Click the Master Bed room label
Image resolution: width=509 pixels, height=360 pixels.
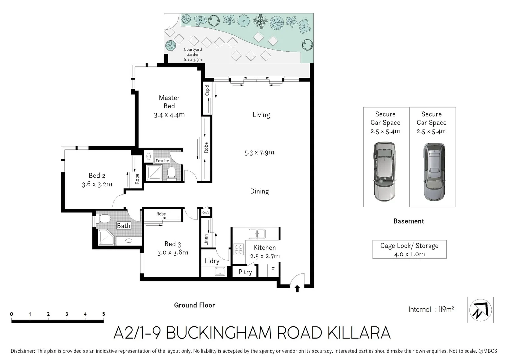(x=169, y=102)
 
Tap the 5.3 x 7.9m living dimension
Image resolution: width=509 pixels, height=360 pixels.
(x=259, y=153)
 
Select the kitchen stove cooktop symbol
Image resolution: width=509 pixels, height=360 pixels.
(x=239, y=249)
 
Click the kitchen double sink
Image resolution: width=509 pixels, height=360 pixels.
(x=257, y=234)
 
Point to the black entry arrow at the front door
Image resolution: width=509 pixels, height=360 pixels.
(x=297, y=289)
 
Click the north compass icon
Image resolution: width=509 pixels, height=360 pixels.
(x=480, y=310)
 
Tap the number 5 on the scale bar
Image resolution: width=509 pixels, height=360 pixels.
(x=104, y=314)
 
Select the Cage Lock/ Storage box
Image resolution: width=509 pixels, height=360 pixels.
(x=409, y=249)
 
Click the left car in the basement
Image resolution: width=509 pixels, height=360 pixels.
(x=385, y=171)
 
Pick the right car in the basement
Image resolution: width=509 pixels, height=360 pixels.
(x=434, y=171)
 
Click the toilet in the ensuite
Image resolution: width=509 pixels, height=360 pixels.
(x=171, y=173)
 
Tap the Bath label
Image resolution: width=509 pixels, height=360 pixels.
(x=123, y=226)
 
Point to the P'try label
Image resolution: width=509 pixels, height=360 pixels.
(x=245, y=272)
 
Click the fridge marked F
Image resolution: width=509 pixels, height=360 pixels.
(x=273, y=270)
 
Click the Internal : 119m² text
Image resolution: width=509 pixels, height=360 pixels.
(x=431, y=309)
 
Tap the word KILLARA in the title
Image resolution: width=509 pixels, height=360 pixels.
(x=359, y=333)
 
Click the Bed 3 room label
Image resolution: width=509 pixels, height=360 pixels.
(x=173, y=248)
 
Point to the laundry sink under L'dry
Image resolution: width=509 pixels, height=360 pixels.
(x=220, y=271)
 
